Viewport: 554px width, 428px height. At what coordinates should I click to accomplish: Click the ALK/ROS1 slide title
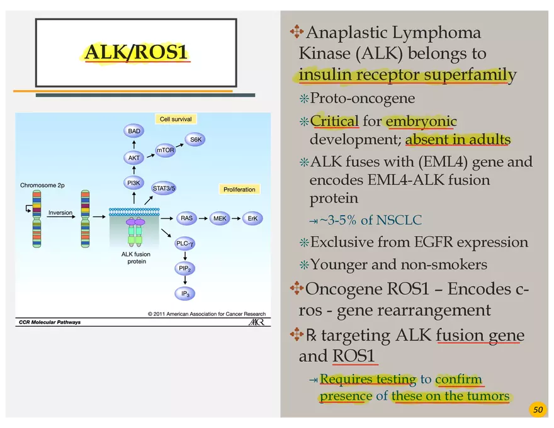click(x=136, y=53)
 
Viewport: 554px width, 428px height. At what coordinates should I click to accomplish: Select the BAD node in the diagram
click(x=134, y=131)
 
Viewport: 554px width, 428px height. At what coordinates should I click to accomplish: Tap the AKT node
click(x=134, y=158)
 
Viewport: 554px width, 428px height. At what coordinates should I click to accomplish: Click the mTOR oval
click(x=166, y=150)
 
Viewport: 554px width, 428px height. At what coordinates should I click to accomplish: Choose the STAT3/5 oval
click(x=164, y=188)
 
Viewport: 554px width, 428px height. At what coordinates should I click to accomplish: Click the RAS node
click(x=186, y=218)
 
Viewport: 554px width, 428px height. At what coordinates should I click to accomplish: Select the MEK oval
click(x=220, y=218)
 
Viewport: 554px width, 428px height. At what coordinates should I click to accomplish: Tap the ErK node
click(x=252, y=218)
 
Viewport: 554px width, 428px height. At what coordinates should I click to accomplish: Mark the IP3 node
click(x=185, y=293)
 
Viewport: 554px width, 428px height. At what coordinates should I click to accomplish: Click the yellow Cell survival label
click(x=176, y=119)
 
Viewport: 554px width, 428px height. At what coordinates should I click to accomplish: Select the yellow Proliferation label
click(x=239, y=189)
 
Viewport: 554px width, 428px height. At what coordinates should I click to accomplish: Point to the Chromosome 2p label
click(x=42, y=186)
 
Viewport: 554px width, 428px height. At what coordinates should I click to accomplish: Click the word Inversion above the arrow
click(x=60, y=213)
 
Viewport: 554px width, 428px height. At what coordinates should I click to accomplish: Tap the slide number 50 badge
click(x=537, y=410)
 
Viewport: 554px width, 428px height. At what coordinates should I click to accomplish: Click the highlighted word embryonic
click(x=421, y=121)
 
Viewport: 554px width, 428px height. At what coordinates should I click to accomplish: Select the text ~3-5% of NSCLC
click(x=370, y=220)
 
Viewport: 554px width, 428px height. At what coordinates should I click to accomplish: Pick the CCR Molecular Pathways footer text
click(x=50, y=322)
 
